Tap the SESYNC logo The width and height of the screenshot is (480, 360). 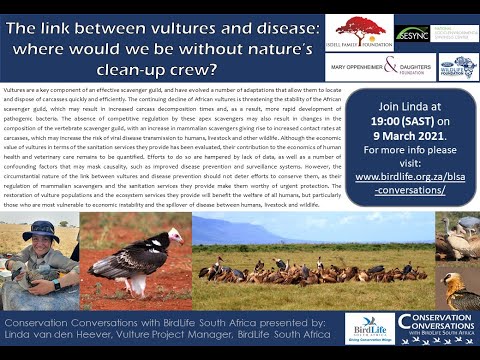412,32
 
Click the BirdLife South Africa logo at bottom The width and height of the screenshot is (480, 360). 369,328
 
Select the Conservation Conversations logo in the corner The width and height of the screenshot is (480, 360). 437,328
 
